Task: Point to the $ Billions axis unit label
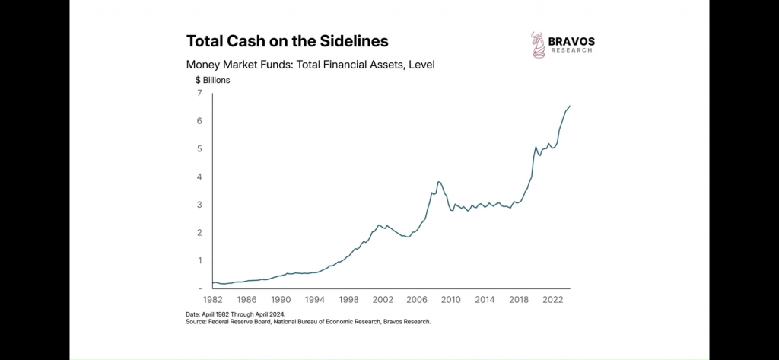[x=212, y=79]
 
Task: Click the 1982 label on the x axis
[x=214, y=300]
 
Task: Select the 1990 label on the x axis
[x=281, y=300]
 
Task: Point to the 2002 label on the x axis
[x=383, y=300]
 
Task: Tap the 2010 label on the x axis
[x=450, y=300]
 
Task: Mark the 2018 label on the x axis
[x=518, y=300]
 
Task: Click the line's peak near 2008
[x=438, y=182]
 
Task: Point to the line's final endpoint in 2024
[x=570, y=106]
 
